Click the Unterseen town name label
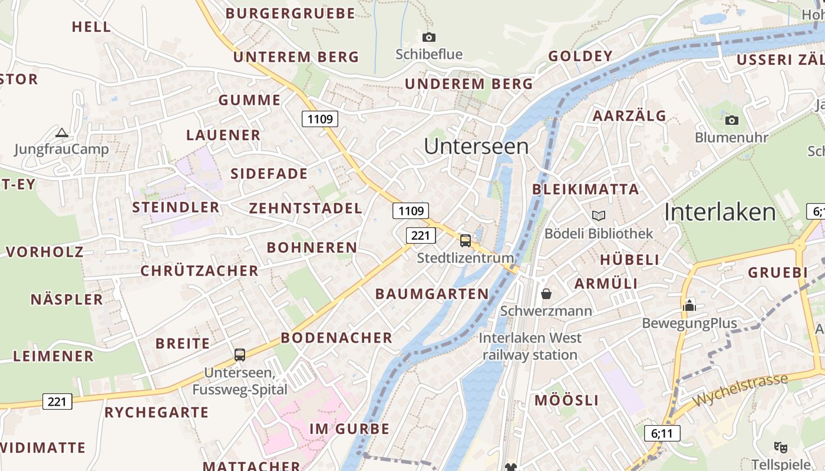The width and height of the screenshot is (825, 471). tap(476, 147)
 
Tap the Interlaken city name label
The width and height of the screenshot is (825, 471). tap(720, 213)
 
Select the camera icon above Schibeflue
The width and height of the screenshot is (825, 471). tap(429, 38)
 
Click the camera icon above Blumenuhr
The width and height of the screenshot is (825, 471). tap(731, 121)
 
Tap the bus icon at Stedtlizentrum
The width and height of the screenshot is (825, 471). tap(466, 240)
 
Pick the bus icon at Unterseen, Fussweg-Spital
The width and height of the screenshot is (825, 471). tap(239, 354)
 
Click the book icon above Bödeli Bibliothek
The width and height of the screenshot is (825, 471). tap(599, 216)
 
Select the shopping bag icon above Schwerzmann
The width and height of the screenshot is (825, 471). tap(546, 293)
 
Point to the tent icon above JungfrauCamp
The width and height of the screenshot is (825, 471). tap(62, 132)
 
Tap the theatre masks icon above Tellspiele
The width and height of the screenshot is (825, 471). tap(781, 447)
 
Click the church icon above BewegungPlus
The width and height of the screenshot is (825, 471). tap(689, 306)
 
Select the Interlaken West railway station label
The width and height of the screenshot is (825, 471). tap(530, 346)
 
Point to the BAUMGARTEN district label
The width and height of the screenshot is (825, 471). tap(432, 294)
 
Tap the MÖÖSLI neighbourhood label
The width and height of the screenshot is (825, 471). tap(566, 401)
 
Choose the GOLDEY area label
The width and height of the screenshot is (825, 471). tap(580, 57)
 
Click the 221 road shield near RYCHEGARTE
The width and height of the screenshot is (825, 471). tap(57, 402)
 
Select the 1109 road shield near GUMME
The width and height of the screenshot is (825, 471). tap(321, 119)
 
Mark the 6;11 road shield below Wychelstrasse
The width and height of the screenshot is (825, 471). tap(662, 434)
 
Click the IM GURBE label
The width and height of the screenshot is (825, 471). tap(349, 429)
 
